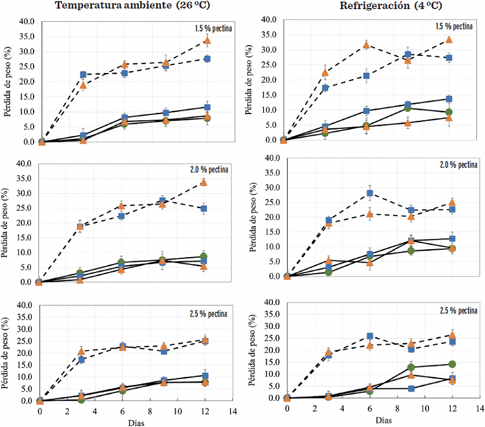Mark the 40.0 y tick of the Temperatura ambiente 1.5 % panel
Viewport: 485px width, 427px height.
26,22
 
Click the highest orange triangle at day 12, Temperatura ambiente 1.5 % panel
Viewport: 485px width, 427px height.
207,40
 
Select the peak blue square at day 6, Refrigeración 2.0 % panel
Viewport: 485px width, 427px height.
370,193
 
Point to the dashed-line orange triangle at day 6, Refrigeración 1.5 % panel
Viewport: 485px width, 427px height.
366,45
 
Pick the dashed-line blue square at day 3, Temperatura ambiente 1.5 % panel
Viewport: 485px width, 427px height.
83,75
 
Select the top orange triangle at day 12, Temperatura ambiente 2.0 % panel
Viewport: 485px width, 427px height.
204,182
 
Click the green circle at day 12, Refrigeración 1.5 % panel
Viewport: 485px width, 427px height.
449,112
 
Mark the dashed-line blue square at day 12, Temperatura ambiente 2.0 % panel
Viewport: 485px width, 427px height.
204,209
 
